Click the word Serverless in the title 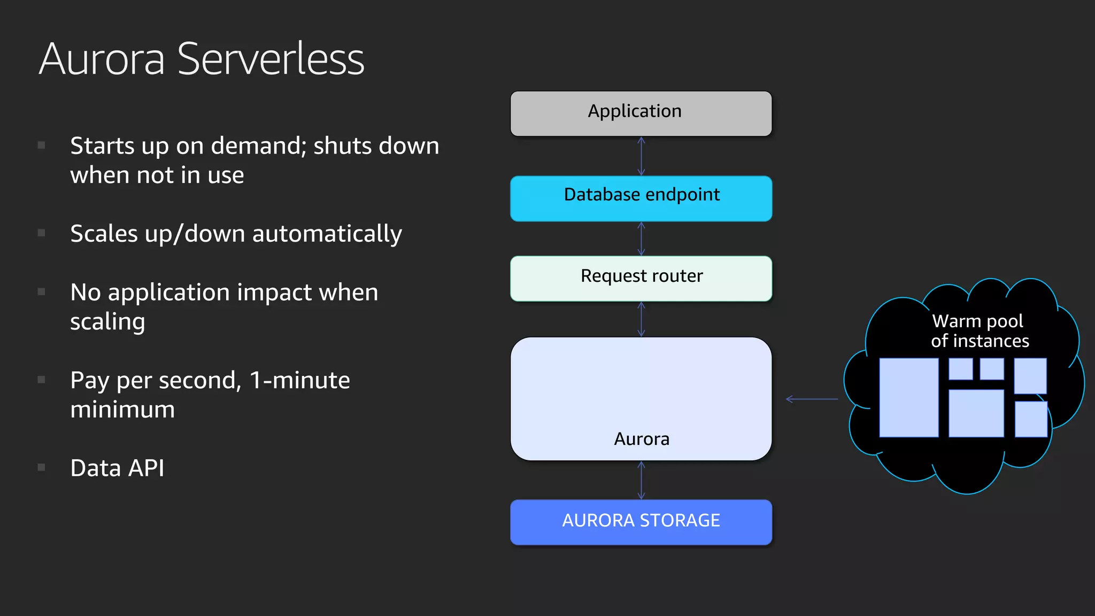coord(271,59)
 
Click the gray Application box coord(641,113)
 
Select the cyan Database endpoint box coord(641,198)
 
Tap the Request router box coord(641,278)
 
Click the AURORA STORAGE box coord(641,522)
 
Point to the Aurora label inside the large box coord(641,439)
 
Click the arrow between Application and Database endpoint coord(641,156)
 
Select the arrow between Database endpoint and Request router coord(641,238)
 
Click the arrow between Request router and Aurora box coord(641,319)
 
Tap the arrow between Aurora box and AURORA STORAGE coord(641,480)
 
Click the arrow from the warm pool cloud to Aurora coord(812,399)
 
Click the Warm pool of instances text coord(979,331)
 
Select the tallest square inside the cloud coord(908,397)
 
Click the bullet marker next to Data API coord(41,467)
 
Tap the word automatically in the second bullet coord(327,234)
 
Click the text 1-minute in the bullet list coord(299,380)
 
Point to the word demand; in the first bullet coord(259,146)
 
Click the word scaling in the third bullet coord(107,322)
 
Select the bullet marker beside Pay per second coord(41,380)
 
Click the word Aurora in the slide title coord(102,59)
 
